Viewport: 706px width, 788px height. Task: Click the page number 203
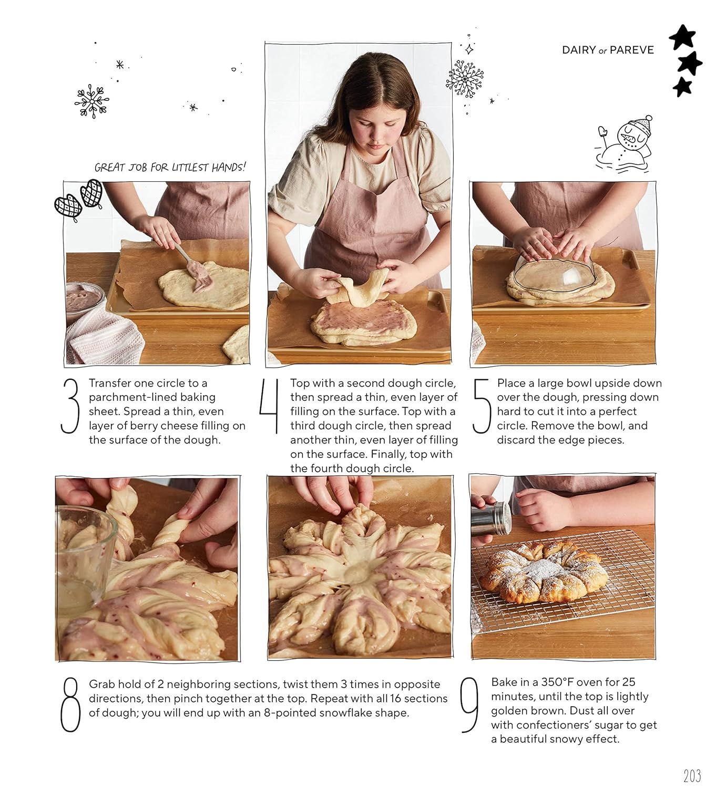tap(692, 776)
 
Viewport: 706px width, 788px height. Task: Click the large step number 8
tap(70, 704)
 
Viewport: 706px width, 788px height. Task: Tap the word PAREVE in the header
tap(632, 50)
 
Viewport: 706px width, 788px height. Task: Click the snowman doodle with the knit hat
tap(625, 144)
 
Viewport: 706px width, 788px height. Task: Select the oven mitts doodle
tap(79, 199)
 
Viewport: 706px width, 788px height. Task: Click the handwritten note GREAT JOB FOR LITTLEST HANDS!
tap(170, 167)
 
